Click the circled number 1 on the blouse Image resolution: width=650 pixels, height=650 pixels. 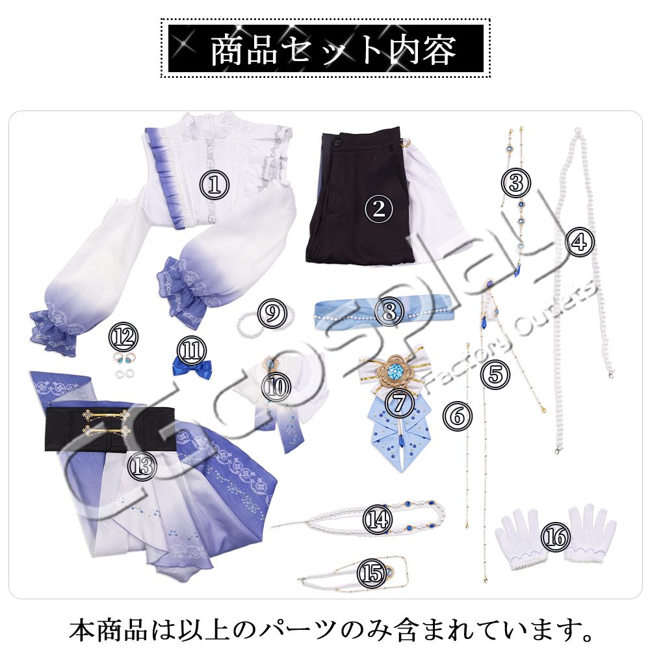(214, 185)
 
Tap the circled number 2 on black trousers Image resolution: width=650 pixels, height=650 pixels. (379, 209)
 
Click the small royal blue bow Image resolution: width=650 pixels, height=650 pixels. (192, 369)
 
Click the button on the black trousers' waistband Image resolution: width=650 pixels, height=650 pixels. (337, 143)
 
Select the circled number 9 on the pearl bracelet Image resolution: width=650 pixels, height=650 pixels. (272, 313)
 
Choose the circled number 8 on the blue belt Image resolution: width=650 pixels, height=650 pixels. (389, 311)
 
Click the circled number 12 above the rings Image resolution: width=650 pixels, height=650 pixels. (123, 337)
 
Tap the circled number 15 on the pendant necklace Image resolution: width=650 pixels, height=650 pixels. (372, 573)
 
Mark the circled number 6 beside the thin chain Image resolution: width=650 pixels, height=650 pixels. (457, 416)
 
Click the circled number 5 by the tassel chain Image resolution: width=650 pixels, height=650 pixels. (495, 374)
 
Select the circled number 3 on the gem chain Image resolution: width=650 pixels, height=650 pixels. (515, 183)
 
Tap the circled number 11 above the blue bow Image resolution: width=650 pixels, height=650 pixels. (192, 350)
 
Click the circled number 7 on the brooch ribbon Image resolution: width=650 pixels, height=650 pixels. (399, 402)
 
